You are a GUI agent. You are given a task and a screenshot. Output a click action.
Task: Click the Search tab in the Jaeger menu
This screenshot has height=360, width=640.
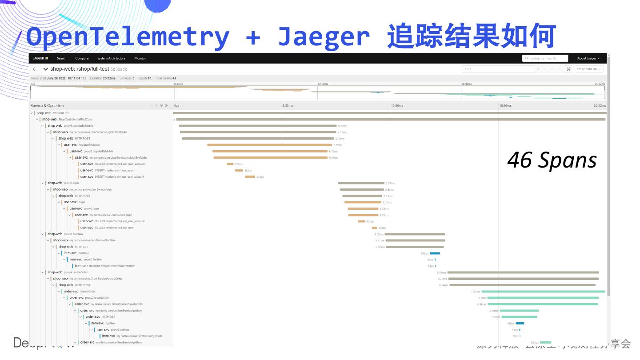coord(62,58)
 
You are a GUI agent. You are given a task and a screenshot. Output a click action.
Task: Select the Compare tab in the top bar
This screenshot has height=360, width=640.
coord(82,58)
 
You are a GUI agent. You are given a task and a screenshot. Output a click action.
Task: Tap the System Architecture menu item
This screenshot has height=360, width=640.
coord(111,58)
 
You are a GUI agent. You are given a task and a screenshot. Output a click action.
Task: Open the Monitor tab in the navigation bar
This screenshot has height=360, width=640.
coord(140,58)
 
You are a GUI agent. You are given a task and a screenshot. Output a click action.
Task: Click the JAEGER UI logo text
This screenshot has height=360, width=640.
coord(40,58)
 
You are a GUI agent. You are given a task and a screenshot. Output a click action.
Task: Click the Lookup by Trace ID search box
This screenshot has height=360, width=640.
coord(545,58)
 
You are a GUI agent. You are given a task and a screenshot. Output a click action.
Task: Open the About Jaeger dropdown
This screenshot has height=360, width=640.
coord(588,58)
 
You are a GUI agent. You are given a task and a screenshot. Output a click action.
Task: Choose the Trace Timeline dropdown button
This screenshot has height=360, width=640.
coord(588,69)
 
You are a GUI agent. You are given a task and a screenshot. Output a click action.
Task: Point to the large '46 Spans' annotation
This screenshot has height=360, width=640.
coord(552,160)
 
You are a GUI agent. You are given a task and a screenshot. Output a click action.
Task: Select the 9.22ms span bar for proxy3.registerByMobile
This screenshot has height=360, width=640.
coord(257,126)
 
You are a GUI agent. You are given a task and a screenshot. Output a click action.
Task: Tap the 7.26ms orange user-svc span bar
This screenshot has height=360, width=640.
coord(269,145)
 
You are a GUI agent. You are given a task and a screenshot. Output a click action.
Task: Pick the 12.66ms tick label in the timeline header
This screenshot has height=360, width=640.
coord(397,106)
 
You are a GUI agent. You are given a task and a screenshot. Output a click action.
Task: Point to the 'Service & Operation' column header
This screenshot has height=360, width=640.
coord(47,106)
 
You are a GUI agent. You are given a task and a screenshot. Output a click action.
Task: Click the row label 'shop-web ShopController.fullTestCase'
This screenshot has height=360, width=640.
coord(67,119)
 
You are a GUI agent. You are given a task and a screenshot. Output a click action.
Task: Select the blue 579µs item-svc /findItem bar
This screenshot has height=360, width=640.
coord(435,253)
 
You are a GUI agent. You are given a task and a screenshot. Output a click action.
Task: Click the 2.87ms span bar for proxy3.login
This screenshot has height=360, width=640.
coord(361,183)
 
